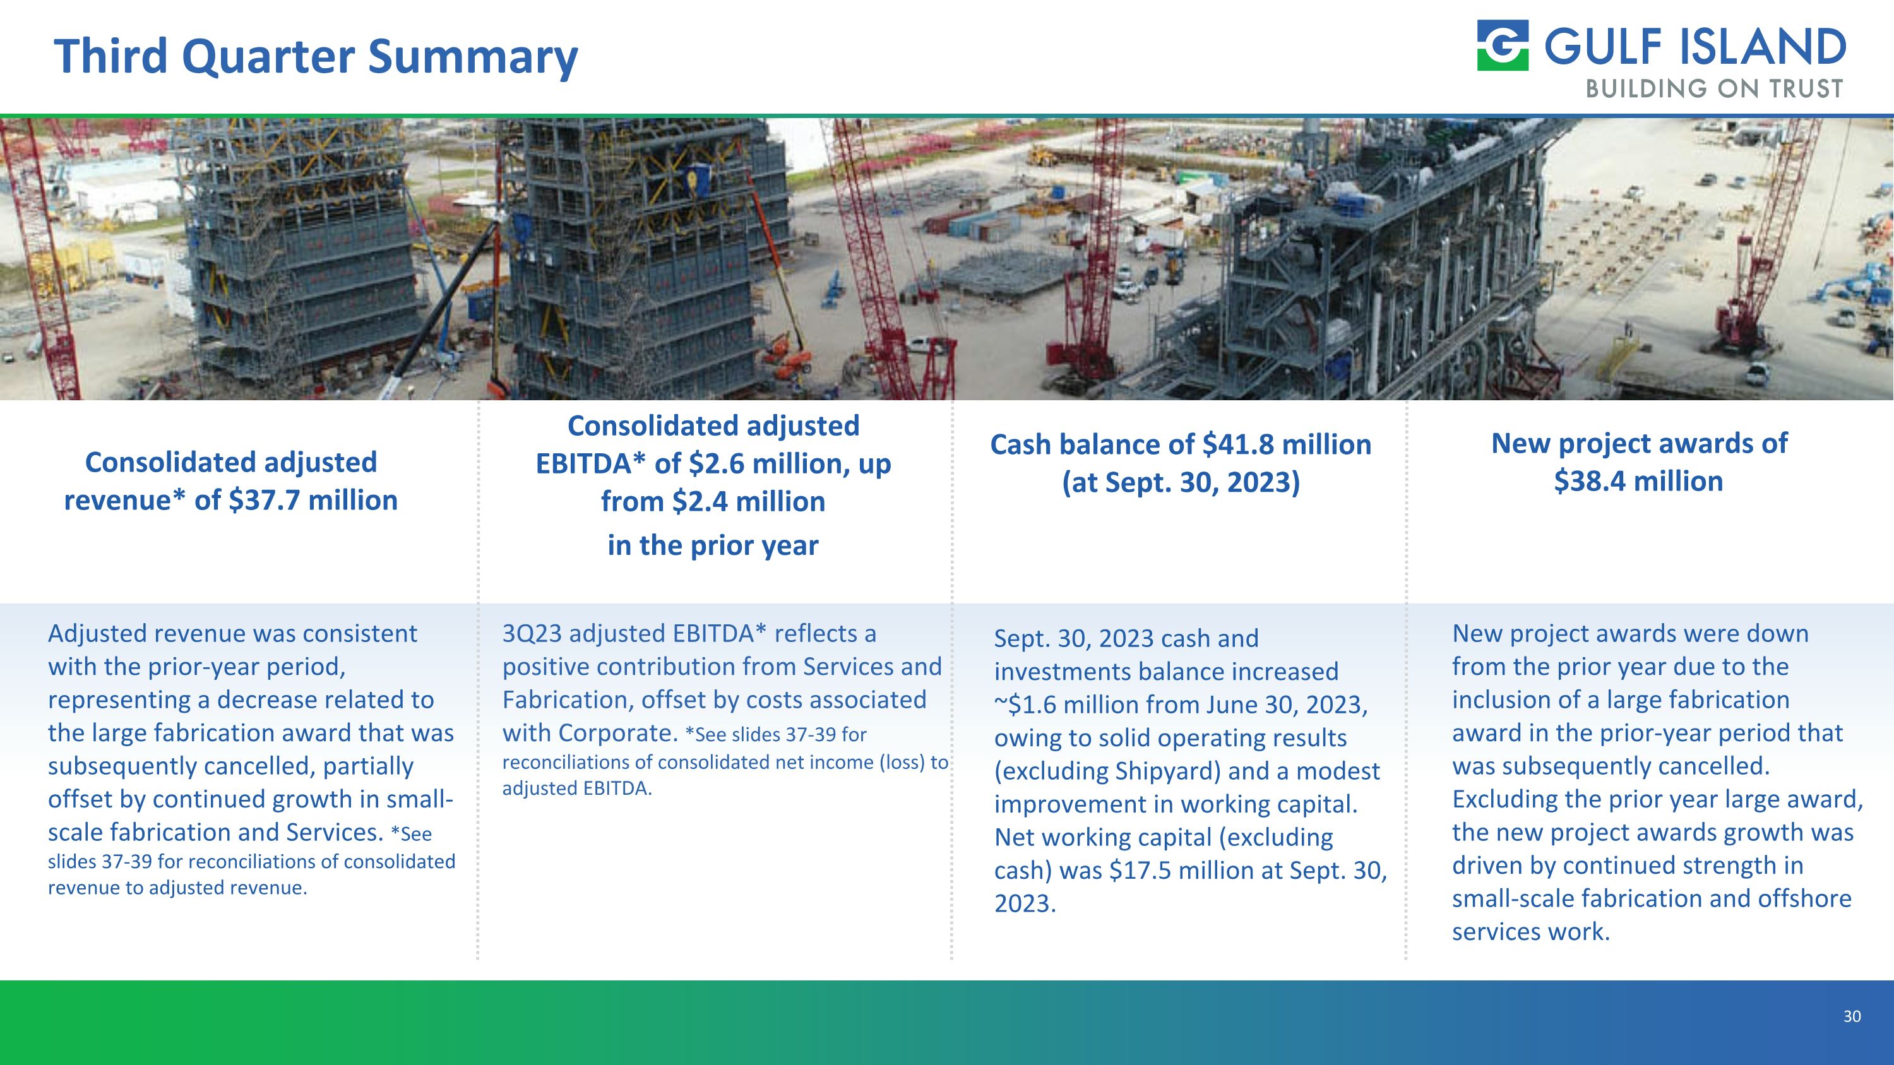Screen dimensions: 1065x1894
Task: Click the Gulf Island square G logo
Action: pos(1503,45)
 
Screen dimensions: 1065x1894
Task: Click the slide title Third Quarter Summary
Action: pos(316,57)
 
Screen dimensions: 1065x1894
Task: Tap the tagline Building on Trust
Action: pos(1714,89)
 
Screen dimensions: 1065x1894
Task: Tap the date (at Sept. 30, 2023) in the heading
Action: pos(1181,482)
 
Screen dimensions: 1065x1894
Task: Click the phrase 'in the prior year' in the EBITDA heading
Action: pos(712,545)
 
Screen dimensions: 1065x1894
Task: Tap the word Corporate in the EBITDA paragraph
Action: pos(616,733)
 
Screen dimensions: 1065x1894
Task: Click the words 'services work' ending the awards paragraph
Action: pos(1531,932)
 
